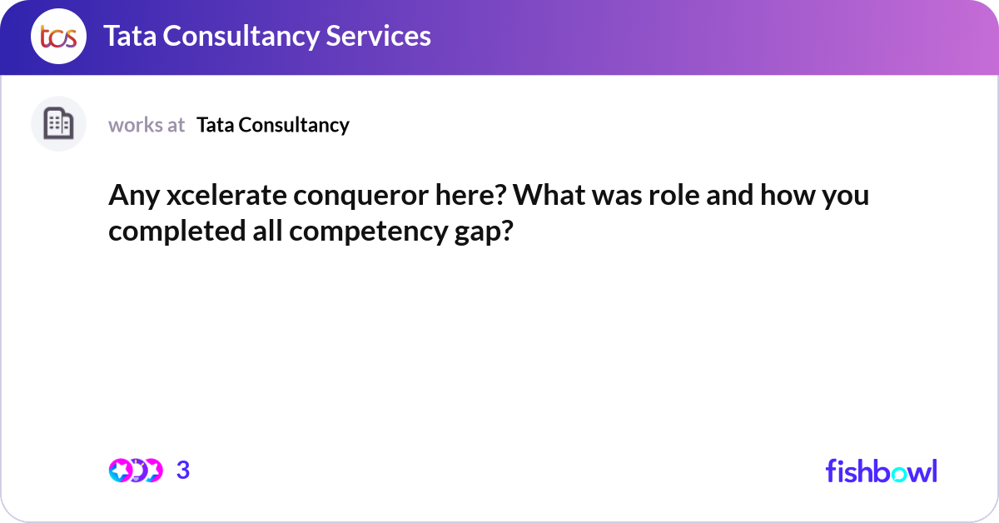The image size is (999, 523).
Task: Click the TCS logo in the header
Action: pos(58,37)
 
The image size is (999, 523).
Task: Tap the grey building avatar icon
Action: pos(58,124)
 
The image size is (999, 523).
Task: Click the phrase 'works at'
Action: pos(147,125)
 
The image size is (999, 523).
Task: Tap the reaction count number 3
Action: pos(183,471)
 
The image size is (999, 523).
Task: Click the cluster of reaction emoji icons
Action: pos(136,471)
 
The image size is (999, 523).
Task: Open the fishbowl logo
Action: pos(881,471)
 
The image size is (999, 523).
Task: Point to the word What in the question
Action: pos(544,196)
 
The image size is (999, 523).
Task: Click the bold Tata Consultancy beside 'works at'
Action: pos(273,125)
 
